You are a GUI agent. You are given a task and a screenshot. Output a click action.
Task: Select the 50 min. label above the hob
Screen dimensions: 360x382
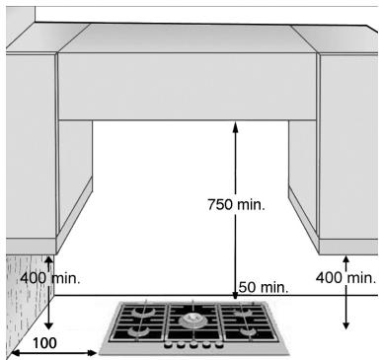(x=264, y=287)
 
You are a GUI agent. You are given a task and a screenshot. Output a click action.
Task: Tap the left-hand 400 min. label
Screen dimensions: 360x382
(x=49, y=278)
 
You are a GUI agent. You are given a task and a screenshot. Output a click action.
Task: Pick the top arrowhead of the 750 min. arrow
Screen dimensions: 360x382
(x=235, y=124)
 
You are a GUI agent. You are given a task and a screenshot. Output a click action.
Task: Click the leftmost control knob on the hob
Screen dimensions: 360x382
(x=167, y=345)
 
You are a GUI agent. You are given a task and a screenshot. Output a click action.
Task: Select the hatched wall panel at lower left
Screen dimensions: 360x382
(x=21, y=296)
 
